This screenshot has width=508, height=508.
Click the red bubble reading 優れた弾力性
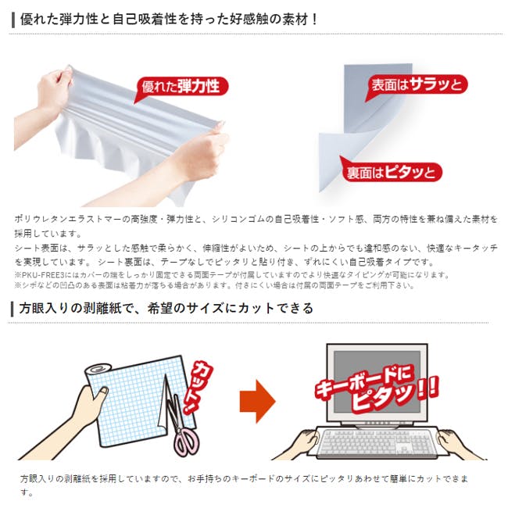click(181, 88)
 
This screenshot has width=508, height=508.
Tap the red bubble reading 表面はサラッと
click(417, 85)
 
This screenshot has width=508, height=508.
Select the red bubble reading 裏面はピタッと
click(392, 171)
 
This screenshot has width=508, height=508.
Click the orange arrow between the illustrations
click(257, 401)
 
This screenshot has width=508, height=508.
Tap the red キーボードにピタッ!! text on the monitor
click(377, 388)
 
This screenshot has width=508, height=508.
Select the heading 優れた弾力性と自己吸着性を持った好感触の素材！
click(169, 19)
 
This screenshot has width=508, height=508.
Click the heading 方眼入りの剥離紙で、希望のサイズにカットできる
click(166, 308)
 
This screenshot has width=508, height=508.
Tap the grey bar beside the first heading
click(13, 20)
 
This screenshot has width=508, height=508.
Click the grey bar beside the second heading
click(12, 309)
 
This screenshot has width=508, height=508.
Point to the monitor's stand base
click(377, 423)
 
